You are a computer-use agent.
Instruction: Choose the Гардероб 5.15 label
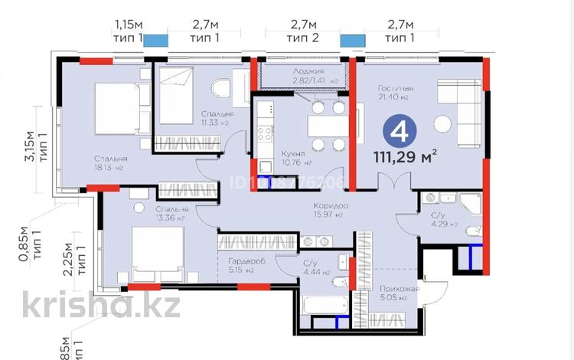pos(245,264)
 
